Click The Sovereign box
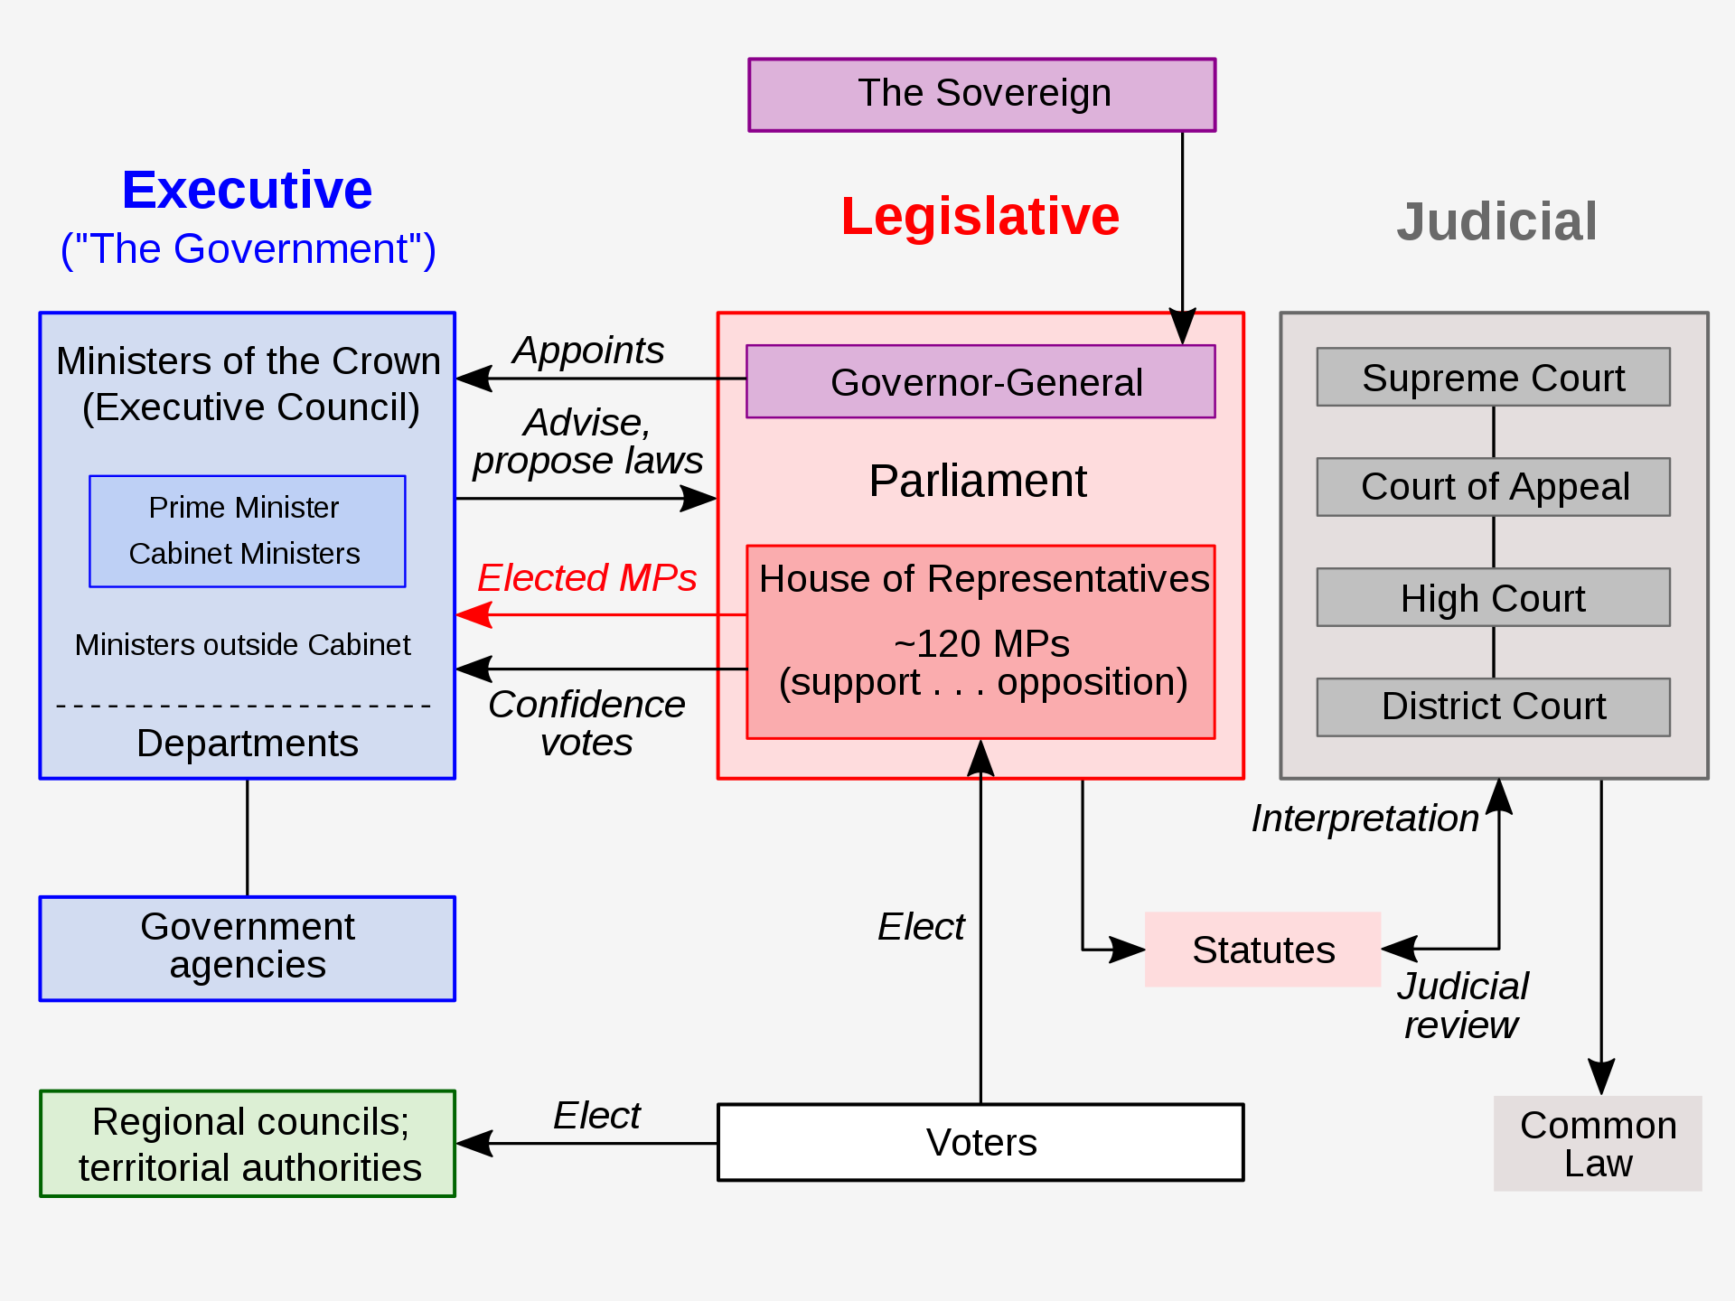(x=981, y=95)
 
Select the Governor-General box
(x=980, y=381)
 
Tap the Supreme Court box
(x=1493, y=377)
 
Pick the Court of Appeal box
(x=1493, y=487)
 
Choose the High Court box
(x=1493, y=597)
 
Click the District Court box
(x=1493, y=707)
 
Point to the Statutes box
(x=1262, y=950)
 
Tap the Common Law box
(x=1598, y=1143)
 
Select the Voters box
(x=980, y=1142)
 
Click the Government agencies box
(x=247, y=948)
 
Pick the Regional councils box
(x=248, y=1144)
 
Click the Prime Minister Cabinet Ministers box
(x=247, y=531)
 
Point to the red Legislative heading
(x=980, y=217)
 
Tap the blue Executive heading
(x=247, y=190)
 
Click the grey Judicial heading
(x=1496, y=221)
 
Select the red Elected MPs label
(x=586, y=577)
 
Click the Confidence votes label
(x=586, y=723)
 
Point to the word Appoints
(x=587, y=350)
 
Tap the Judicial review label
(x=1462, y=1006)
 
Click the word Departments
(x=247, y=743)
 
